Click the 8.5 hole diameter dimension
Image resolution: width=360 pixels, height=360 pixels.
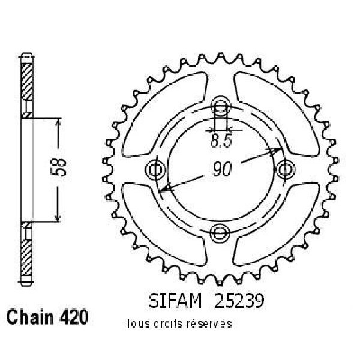point(221,140)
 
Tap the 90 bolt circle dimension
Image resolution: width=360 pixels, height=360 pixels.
point(222,169)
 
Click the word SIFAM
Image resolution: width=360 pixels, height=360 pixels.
point(175,301)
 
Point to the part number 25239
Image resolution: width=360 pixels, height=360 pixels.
point(239,301)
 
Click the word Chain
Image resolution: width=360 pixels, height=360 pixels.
point(31,317)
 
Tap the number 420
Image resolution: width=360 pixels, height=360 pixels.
point(74,317)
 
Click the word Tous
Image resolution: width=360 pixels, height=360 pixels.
point(137,323)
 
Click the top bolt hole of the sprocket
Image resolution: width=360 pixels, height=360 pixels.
point(220,106)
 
